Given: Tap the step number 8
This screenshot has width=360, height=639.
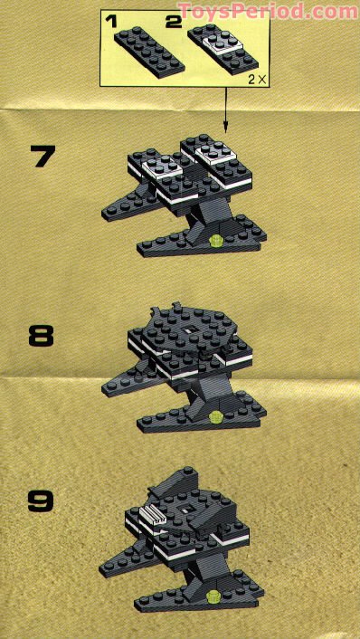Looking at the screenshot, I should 41,337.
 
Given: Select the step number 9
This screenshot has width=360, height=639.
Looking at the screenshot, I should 41,500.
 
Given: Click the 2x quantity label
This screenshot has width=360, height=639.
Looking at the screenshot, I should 256,80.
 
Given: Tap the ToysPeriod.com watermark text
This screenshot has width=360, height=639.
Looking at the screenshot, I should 269,11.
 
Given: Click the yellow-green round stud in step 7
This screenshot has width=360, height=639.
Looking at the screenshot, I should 214,240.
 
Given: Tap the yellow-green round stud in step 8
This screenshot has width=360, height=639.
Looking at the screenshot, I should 215,417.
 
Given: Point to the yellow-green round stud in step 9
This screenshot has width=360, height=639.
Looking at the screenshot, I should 214,595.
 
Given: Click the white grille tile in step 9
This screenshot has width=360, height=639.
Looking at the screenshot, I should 151,517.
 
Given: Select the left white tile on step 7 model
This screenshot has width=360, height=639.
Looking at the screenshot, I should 160,165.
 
